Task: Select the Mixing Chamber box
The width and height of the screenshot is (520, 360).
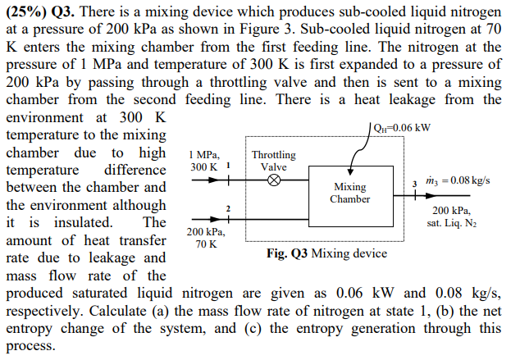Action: (349, 194)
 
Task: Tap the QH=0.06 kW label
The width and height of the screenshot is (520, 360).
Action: (401, 128)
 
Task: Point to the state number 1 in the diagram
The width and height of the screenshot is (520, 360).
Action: (226, 163)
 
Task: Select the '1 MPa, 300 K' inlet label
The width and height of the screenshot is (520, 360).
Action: (203, 160)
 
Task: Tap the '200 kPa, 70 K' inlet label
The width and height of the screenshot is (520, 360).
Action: (203, 239)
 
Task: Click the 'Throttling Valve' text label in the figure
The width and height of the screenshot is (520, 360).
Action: (274, 161)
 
